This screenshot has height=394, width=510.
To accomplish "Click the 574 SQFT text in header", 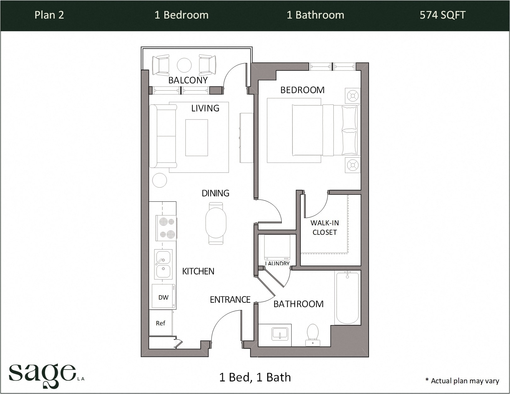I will pos(442,15).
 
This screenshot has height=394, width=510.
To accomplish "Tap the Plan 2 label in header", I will pos(49,15).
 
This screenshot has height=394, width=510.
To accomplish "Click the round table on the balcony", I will pos(184,65).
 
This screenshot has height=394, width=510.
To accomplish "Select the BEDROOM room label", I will pos(302,90).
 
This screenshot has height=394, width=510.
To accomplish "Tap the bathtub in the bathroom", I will pos(348,297).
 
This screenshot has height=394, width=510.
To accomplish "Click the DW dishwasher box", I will pos(163,297).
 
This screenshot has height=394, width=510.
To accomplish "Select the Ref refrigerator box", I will pos(161,323).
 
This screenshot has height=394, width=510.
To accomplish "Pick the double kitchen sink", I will pos(163,264).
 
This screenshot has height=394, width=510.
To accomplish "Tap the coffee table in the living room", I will pos(196,138).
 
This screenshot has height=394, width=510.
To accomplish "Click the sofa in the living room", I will pos(163,136).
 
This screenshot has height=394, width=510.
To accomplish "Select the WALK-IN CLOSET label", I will pos(325,228).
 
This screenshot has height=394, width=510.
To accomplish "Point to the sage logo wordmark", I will pos(42,374).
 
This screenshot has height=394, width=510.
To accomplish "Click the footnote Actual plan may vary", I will pos(462,381).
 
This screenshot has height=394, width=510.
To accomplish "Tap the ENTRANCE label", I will pos(230,300).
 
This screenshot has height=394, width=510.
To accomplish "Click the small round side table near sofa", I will pos(159,180).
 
